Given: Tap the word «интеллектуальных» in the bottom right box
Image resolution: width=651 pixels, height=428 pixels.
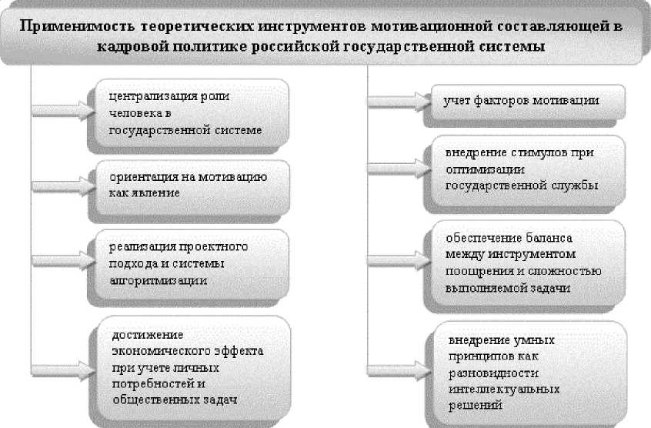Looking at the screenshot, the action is tap(496, 390).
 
